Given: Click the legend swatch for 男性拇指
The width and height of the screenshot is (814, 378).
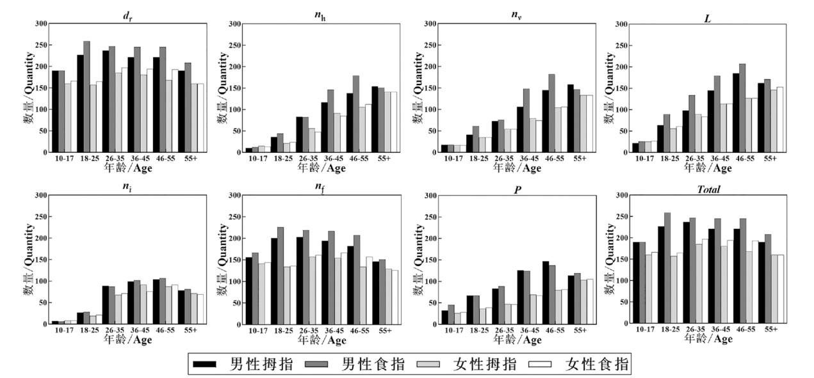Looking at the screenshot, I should pyautogui.click(x=206, y=365).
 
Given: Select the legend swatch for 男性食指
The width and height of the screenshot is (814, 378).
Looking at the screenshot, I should pyautogui.click(x=318, y=365).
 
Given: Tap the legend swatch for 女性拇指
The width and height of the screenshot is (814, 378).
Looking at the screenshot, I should pyautogui.click(x=429, y=365).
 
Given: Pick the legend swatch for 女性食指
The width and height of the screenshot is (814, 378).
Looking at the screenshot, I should pyautogui.click(x=542, y=365).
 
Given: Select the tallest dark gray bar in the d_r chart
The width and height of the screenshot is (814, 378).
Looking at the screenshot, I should pyautogui.click(x=86, y=97).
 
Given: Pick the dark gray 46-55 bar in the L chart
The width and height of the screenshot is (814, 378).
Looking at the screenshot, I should pyautogui.click(x=742, y=108).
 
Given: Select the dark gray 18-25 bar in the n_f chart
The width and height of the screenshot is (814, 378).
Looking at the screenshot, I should pyautogui.click(x=280, y=275).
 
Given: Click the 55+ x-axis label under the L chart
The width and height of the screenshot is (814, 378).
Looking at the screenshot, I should pyautogui.click(x=770, y=159).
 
